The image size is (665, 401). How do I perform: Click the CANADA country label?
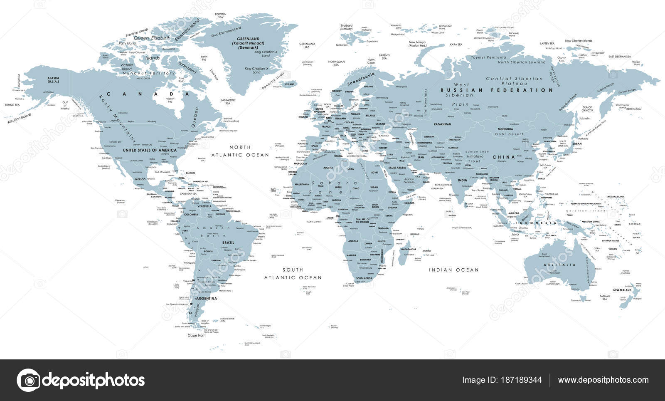[x=148, y=94]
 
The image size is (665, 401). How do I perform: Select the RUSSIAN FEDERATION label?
[x=497, y=90]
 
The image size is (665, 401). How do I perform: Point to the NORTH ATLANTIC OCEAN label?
[x=241, y=151]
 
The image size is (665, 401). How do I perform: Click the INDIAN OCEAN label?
[x=454, y=270]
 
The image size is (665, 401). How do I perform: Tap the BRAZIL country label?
[x=228, y=243]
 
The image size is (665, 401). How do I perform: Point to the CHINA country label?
[x=504, y=157]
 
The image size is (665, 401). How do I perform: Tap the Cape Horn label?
[x=197, y=335]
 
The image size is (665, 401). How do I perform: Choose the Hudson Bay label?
[x=169, y=100]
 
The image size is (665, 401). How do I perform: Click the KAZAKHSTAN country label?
[x=442, y=124]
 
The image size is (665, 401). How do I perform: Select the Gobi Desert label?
[x=510, y=134]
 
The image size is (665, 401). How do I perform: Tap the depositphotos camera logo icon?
[x=28, y=380]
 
